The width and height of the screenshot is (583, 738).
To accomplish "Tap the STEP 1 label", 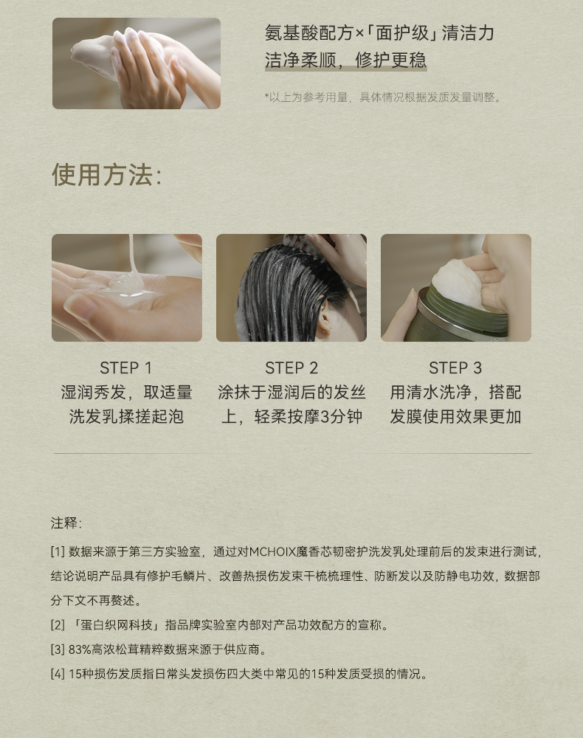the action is [126, 368].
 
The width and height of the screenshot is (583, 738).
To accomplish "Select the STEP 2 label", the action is [291, 368].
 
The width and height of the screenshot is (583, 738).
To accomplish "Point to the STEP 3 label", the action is [455, 368].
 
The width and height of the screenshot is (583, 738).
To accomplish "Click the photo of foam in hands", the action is [137, 63].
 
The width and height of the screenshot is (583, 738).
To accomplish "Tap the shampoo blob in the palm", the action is [126, 284].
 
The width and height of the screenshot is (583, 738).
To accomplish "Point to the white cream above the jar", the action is [455, 279].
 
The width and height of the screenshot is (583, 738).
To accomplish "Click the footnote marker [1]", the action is [58, 551].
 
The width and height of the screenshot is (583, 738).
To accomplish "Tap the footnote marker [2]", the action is [58, 625].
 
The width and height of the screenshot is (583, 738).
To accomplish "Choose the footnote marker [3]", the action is [58, 649].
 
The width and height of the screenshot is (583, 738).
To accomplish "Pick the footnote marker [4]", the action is [58, 674].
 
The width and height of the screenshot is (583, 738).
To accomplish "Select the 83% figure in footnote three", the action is [80, 649].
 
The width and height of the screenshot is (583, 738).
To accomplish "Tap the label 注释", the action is [66, 523].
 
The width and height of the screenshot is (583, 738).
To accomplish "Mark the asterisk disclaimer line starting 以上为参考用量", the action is [383, 97].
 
